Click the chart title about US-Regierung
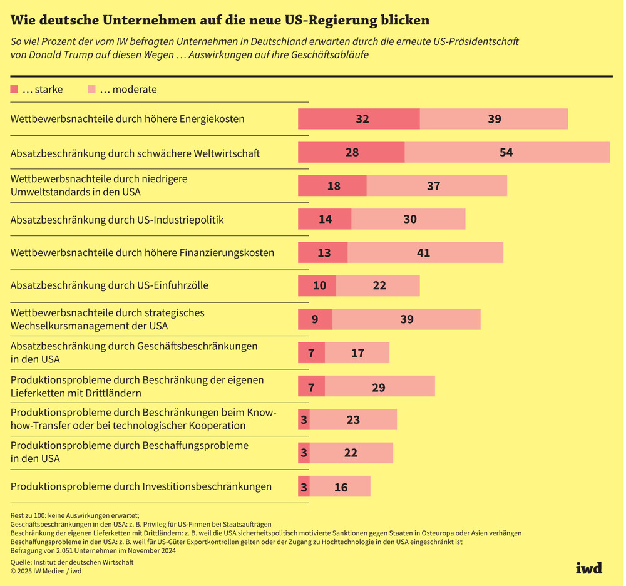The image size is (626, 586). click(x=220, y=21)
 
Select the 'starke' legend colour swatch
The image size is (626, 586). click(x=15, y=90)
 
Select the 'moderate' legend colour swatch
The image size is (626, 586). click(x=92, y=90)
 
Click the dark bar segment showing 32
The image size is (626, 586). click(x=359, y=119)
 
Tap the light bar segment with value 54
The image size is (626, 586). click(x=507, y=152)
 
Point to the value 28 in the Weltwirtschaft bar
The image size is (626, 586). click(x=352, y=152)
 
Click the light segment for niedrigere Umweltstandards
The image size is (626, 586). click(x=436, y=186)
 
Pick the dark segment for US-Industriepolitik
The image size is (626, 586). click(x=324, y=220)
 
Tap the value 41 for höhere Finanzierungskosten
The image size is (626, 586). click(x=424, y=253)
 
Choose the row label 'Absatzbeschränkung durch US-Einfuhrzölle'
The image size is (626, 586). click(x=110, y=285)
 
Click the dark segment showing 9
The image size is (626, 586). click(x=315, y=319)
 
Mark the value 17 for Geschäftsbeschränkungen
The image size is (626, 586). click(x=357, y=353)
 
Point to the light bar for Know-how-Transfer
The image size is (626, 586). click(x=353, y=420)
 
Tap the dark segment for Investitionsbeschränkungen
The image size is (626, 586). click(x=304, y=486)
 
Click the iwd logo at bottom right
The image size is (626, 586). click(x=588, y=568)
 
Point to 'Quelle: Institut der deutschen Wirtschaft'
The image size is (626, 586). click(x=72, y=562)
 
